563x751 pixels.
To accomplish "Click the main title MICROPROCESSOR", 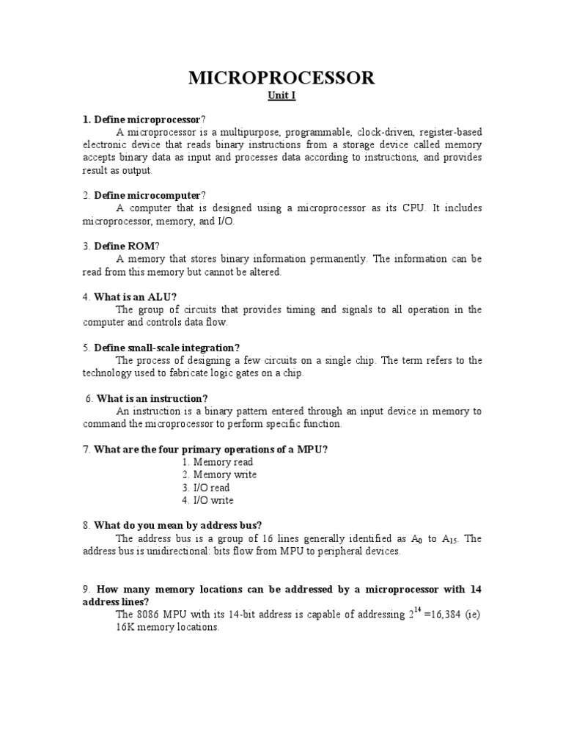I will (281, 78).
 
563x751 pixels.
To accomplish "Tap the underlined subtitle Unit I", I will (281, 96).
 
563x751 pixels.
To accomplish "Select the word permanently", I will (341, 259).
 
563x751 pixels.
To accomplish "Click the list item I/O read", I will (211, 487).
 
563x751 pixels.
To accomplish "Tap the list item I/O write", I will (213, 500).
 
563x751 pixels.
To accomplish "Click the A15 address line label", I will (449, 539).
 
